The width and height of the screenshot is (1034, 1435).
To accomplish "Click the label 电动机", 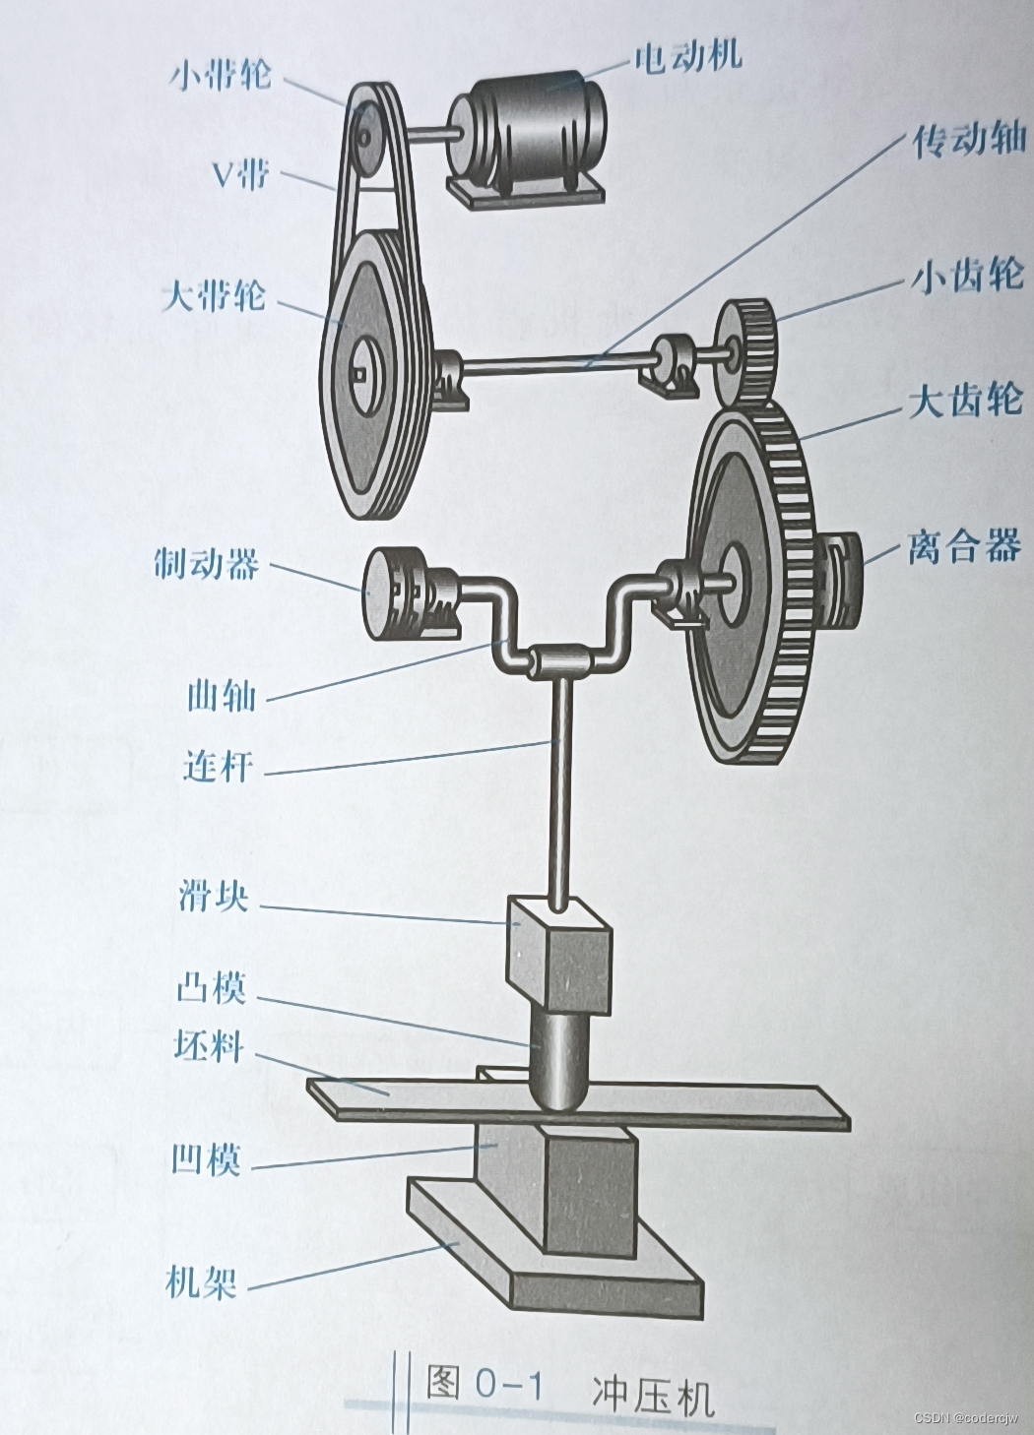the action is pyautogui.click(x=686, y=57).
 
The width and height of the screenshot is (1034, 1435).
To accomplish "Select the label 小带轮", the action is pyautogui.click(x=221, y=75).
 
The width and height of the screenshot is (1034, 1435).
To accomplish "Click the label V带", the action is pyautogui.click(x=240, y=175).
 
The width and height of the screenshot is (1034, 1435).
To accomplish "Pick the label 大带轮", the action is pyautogui.click(x=214, y=294).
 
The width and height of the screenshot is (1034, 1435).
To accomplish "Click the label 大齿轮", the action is pyautogui.click(x=965, y=401).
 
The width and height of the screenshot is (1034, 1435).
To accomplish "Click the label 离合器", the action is pyautogui.click(x=964, y=545).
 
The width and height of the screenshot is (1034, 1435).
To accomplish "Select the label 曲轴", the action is pyautogui.click(x=222, y=696).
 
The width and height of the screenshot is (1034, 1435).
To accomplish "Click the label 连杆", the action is pyautogui.click(x=218, y=765).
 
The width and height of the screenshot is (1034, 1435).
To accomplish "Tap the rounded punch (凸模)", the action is pyautogui.click(x=558, y=1063).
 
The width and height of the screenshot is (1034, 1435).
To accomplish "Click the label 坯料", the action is pyautogui.click(x=208, y=1045).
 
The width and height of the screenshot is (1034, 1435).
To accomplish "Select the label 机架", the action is pyautogui.click(x=201, y=1282).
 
